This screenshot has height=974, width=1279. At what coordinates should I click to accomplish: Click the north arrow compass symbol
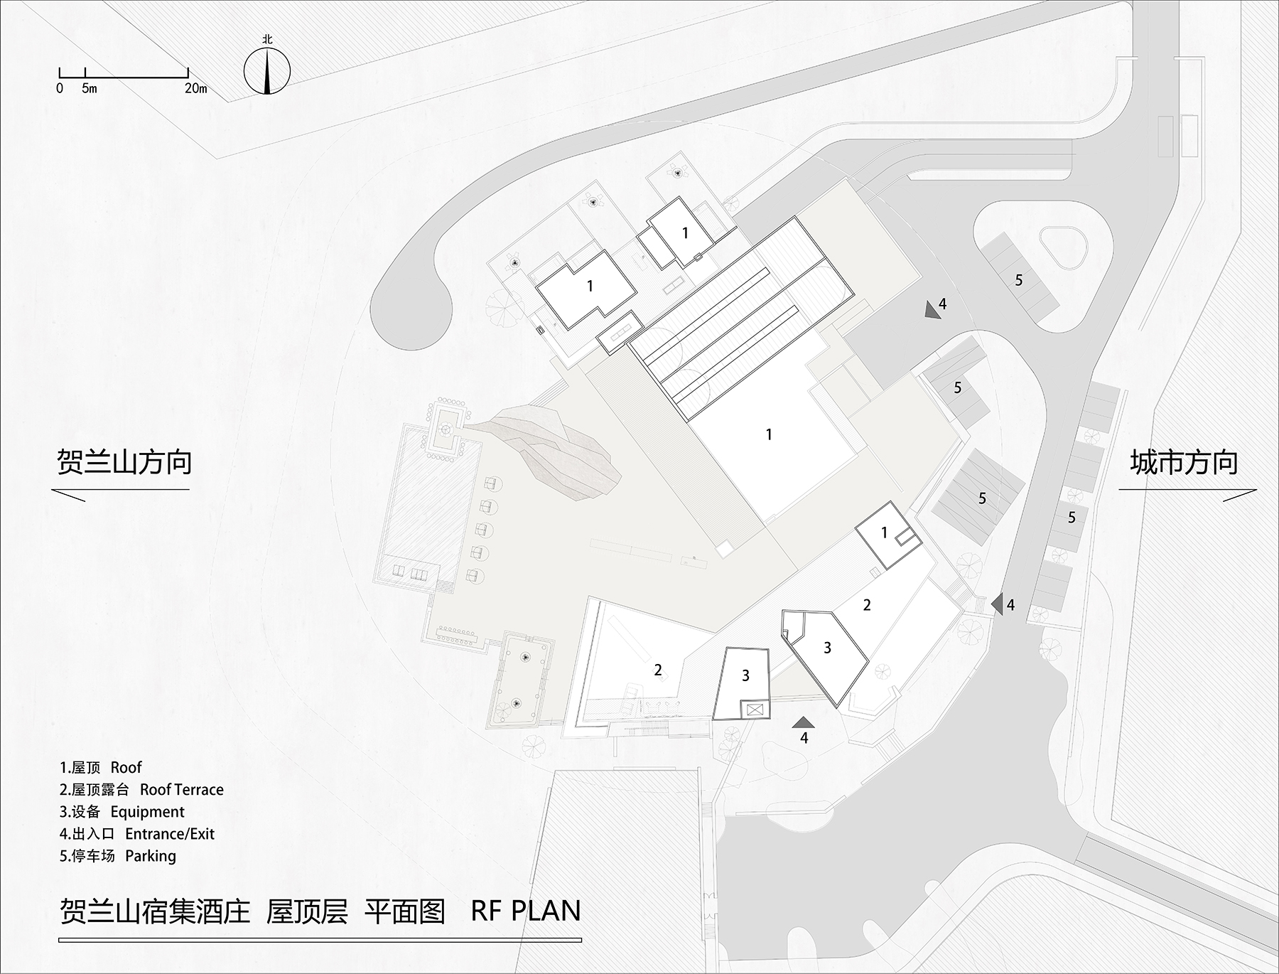(267, 70)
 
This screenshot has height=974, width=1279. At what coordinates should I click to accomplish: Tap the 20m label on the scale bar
(195, 89)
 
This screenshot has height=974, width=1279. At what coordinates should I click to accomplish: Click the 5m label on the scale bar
(89, 89)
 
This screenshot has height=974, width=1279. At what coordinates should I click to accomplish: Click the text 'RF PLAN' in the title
(526, 911)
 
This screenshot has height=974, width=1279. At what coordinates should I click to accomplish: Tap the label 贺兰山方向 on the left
(124, 462)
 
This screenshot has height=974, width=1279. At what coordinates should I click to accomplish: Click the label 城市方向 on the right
(1184, 463)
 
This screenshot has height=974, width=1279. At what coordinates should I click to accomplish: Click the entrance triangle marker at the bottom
(804, 722)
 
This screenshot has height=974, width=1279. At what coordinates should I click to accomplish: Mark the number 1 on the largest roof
(768, 434)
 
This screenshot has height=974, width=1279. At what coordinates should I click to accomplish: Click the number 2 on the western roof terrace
(658, 670)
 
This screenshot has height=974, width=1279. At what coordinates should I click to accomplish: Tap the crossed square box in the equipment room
(753, 710)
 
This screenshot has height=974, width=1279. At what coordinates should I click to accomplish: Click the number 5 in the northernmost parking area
(1018, 280)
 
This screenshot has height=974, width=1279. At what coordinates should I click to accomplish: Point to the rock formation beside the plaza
(547, 448)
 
